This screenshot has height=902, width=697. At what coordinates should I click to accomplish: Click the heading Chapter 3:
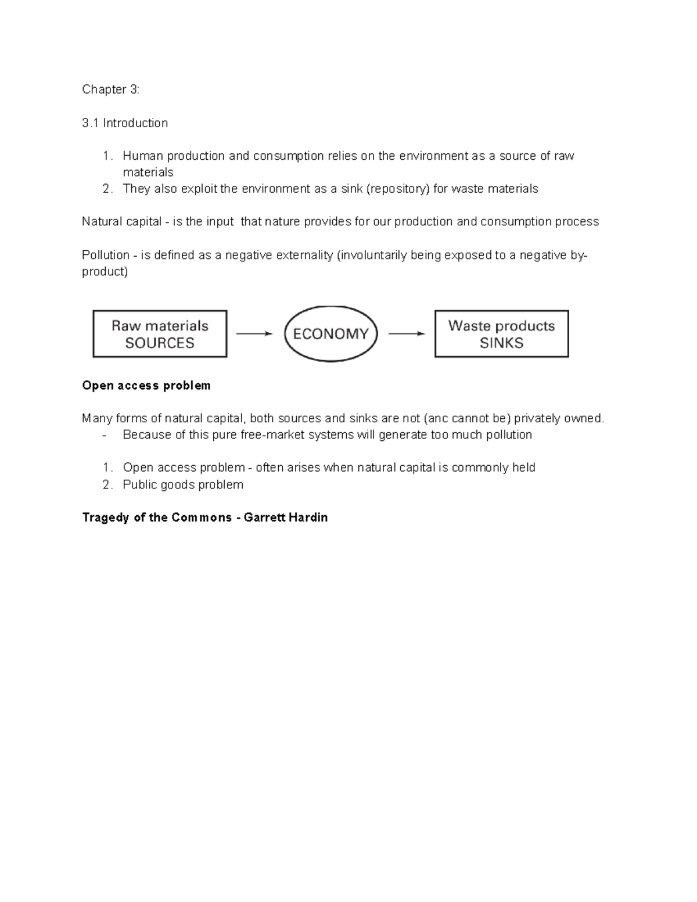(x=110, y=89)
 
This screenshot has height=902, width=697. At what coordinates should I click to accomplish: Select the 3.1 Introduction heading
(x=125, y=123)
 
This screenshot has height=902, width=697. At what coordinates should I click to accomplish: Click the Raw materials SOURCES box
(x=160, y=334)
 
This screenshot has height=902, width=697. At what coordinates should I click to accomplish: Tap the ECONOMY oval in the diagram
(x=330, y=334)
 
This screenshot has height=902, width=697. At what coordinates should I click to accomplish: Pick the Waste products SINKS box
(x=501, y=334)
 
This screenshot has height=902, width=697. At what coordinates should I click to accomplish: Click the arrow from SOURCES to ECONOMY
(x=254, y=333)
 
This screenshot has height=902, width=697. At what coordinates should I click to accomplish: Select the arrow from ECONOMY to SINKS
(x=407, y=333)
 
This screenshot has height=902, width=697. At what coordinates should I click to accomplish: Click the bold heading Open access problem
(x=146, y=386)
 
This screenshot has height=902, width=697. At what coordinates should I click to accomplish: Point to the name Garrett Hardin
(x=286, y=518)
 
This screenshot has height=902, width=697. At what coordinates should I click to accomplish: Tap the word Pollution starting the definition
(x=105, y=255)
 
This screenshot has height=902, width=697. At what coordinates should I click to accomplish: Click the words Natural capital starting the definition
(x=121, y=222)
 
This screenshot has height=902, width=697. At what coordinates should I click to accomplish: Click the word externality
(x=304, y=255)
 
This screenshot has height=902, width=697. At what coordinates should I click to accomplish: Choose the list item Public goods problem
(x=183, y=484)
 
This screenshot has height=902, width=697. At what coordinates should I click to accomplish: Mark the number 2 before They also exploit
(x=106, y=189)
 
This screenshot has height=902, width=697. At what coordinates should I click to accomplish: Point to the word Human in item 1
(x=143, y=156)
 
